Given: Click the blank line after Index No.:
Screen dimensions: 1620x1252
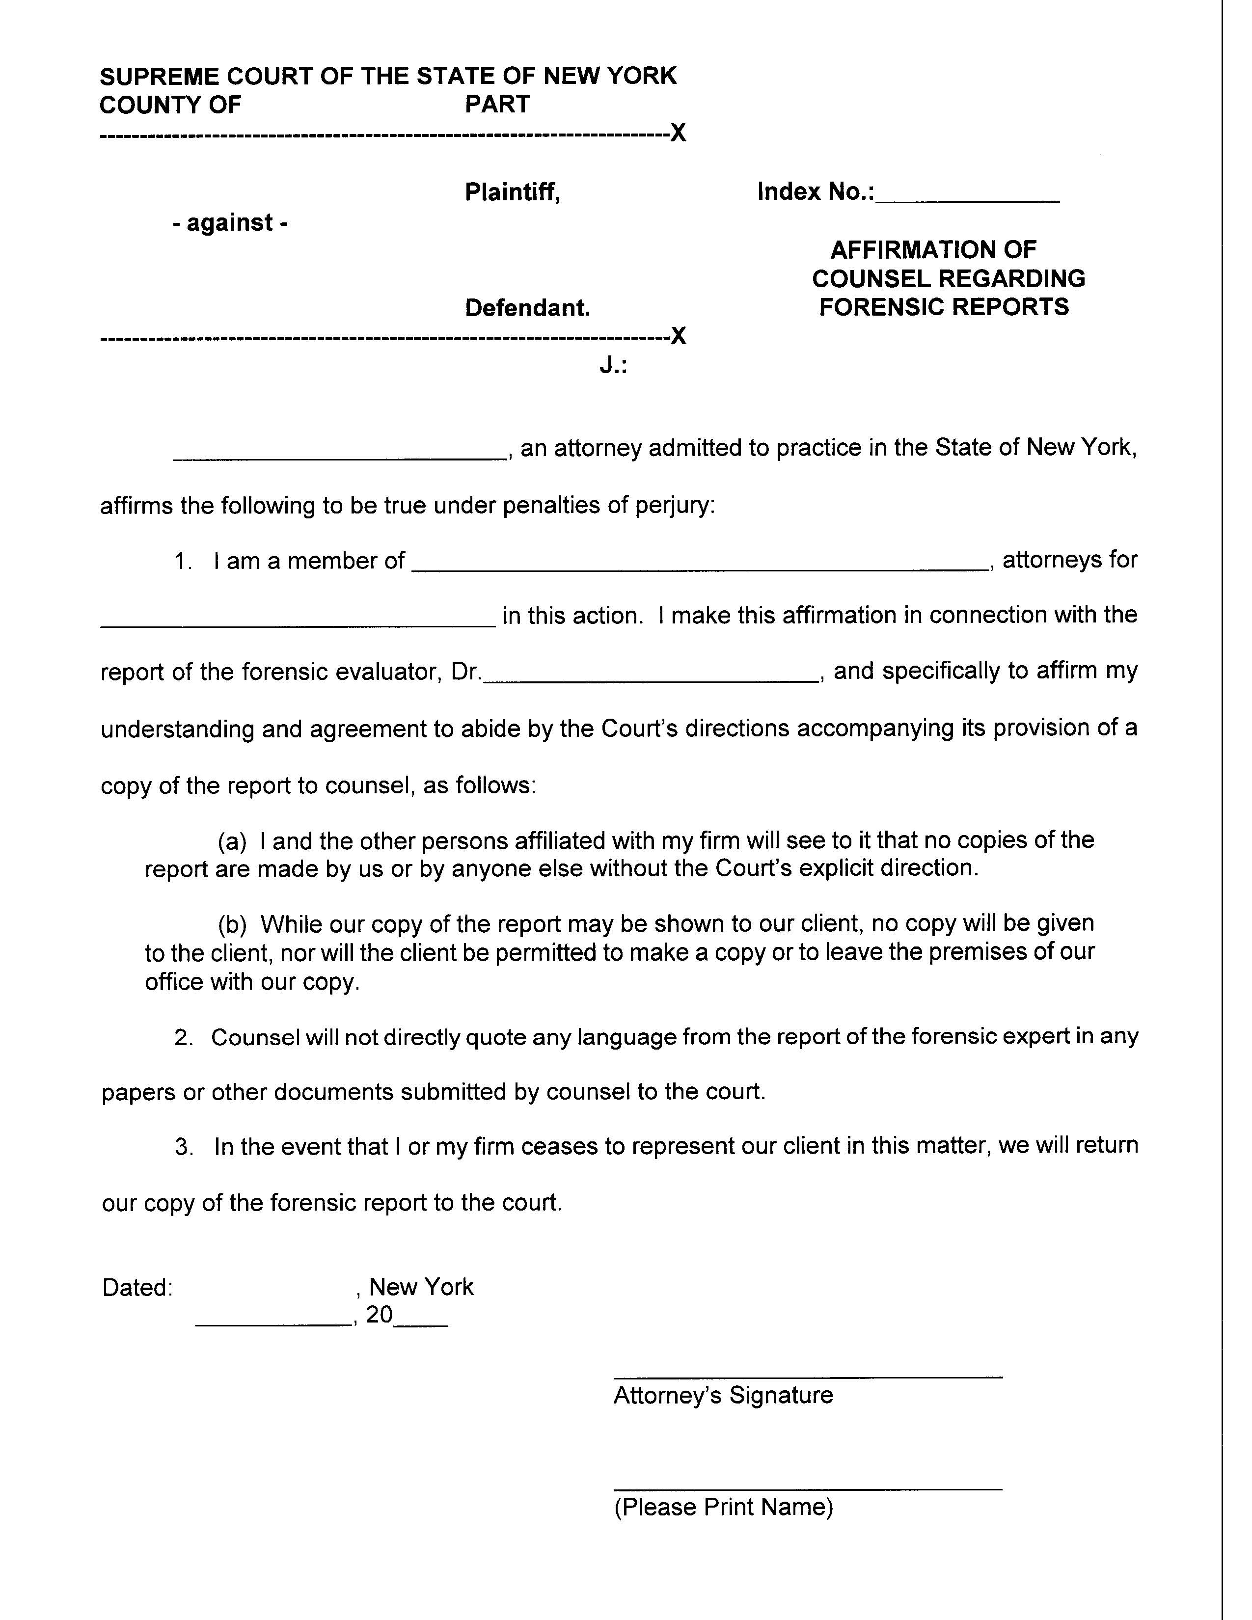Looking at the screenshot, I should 967,199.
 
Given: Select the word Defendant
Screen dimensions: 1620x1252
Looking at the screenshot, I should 527,308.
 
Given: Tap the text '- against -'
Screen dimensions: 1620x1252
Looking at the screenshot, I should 230,222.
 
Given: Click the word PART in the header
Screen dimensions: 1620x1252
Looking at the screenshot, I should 497,105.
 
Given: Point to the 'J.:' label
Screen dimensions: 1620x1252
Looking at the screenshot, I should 613,366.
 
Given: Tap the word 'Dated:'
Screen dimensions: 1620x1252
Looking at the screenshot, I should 137,1287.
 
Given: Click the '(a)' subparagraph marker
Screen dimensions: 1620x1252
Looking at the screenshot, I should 231,841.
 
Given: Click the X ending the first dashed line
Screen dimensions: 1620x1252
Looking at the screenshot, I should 678,134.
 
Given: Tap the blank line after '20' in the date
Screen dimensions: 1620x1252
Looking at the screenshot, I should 421,1324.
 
